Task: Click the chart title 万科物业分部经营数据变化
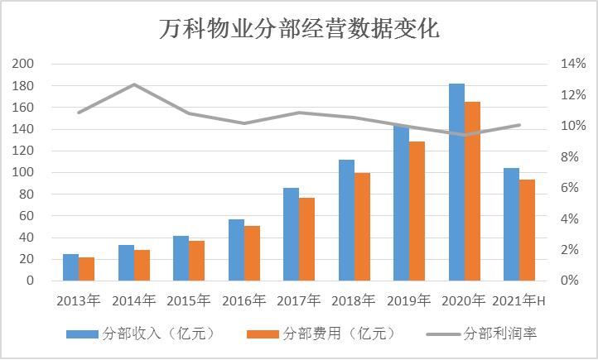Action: [x=299, y=29]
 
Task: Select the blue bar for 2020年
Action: [x=456, y=182]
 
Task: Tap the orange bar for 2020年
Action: [x=472, y=191]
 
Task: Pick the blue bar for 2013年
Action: [x=70, y=267]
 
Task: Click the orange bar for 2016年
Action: [x=252, y=253]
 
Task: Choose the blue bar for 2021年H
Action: [x=511, y=224]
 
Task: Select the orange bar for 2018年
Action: [x=362, y=227]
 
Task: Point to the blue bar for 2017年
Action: [x=291, y=234]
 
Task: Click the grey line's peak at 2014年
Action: [x=134, y=84]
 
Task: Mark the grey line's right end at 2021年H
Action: [x=519, y=125]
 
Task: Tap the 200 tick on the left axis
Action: [x=25, y=65]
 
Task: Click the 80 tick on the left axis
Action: [x=28, y=194]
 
